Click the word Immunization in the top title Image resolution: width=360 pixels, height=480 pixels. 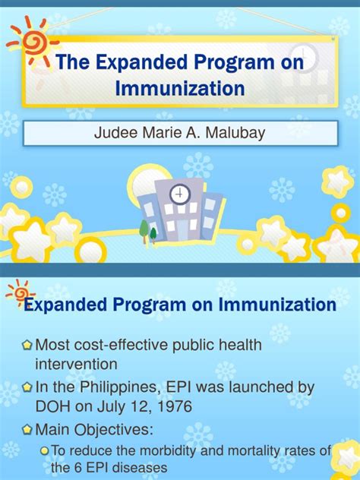click(180, 89)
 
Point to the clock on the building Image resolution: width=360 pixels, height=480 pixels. click(180, 195)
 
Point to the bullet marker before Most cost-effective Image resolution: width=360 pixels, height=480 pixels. click(27, 346)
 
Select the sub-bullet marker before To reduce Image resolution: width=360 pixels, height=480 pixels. click(44, 450)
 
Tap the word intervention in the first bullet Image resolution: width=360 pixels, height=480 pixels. click(77, 364)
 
